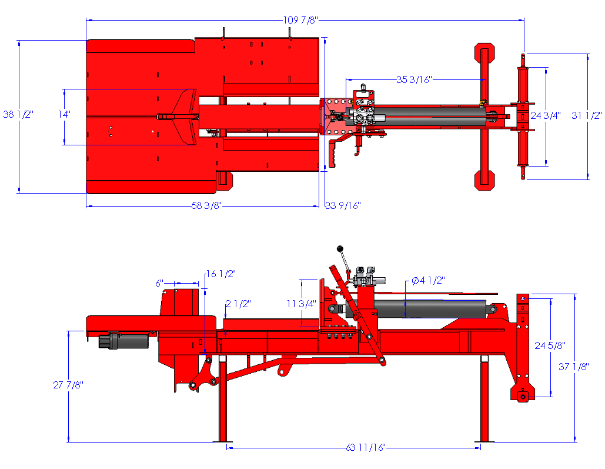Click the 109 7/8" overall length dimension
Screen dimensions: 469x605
pyautogui.click(x=300, y=20)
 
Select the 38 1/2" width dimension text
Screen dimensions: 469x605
pyautogui.click(x=19, y=114)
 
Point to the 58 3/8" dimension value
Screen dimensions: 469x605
pyautogui.click(x=206, y=205)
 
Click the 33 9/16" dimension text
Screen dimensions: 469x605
pyautogui.click(x=343, y=205)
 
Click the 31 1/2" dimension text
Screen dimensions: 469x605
pyautogui.click(x=587, y=115)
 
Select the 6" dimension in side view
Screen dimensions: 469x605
pyautogui.click(x=159, y=283)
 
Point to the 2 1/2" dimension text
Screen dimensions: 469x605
pyautogui.click(x=238, y=304)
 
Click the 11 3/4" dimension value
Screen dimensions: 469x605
pyautogui.click(x=302, y=304)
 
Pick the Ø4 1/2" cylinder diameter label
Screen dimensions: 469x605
pyautogui.click(x=428, y=281)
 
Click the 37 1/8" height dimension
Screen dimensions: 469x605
pyautogui.click(x=573, y=367)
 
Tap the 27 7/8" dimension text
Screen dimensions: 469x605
pyautogui.click(x=68, y=385)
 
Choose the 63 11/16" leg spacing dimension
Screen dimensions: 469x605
pyautogui.click(x=365, y=448)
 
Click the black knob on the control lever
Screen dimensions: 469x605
pyautogui.click(x=339, y=250)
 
